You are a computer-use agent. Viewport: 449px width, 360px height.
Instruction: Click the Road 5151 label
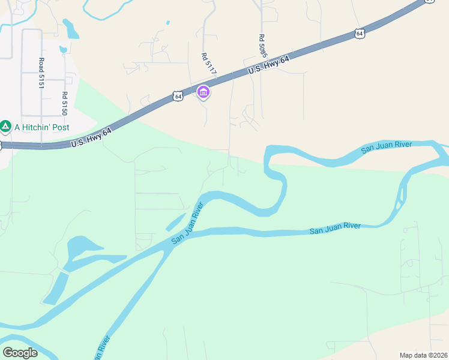(41, 73)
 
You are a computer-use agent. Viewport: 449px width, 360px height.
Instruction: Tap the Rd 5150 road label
(64, 103)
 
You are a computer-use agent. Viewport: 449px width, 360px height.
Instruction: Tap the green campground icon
(5, 127)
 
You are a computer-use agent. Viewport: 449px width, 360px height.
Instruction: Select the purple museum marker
(203, 92)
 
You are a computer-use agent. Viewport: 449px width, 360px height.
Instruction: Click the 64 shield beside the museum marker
(178, 95)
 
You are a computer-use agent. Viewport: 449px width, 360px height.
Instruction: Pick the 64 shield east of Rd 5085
(359, 34)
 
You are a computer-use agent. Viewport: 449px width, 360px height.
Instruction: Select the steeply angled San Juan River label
(188, 222)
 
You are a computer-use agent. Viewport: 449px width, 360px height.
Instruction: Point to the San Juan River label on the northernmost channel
(387, 148)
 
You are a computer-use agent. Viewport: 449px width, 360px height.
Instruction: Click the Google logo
(20, 352)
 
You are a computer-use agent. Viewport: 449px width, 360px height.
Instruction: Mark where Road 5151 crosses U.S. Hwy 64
(41, 145)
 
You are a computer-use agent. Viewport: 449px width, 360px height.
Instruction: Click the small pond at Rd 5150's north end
(63, 49)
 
